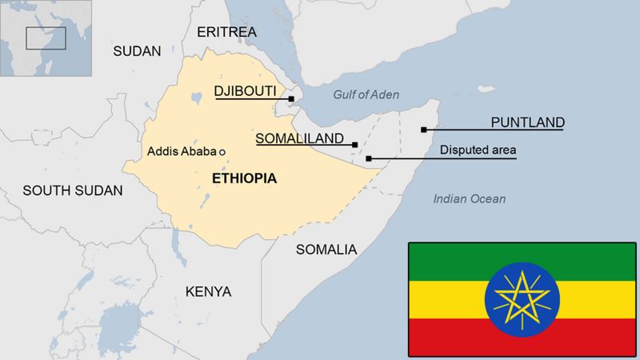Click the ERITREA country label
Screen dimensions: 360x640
coord(226,32)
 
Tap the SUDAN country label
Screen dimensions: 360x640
coord(137,51)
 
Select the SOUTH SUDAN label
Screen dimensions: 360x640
coord(73,190)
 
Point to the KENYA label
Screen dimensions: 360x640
coord(208,291)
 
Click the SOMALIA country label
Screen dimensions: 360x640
coord(326,250)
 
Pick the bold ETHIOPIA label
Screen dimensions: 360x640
coord(244,178)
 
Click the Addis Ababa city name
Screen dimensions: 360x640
coord(182,151)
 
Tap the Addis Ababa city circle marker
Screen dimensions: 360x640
coord(222,151)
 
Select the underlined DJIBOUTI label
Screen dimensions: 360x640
coord(243,90)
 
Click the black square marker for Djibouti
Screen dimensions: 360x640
coord(291,99)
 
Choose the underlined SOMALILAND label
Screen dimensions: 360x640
coord(300,138)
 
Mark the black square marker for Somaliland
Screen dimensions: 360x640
coord(355,145)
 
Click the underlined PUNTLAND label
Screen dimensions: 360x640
coord(527,122)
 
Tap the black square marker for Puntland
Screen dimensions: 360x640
coord(423,129)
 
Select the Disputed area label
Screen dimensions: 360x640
coord(478,150)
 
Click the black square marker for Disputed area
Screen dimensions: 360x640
coord(369,158)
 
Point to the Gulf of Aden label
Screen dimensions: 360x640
coord(366,95)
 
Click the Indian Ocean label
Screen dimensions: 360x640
coord(470,199)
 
